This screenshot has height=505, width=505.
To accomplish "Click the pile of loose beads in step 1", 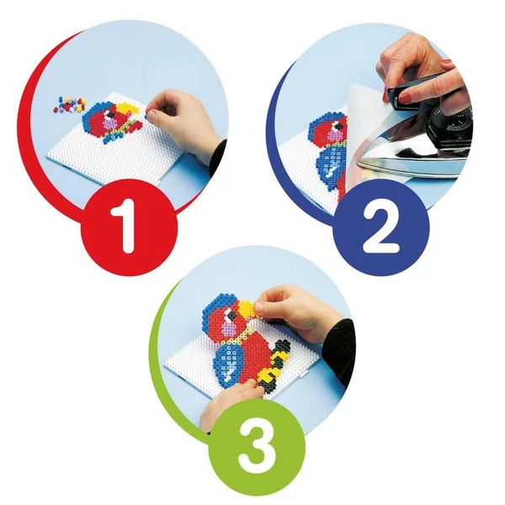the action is click(x=69, y=104).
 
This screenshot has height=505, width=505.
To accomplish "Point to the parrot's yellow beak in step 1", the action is click(x=128, y=109).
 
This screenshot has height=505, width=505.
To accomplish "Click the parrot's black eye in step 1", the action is click(x=111, y=114).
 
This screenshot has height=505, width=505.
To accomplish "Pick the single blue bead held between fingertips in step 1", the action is click(x=146, y=115).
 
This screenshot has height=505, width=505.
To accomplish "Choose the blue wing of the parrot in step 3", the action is click(x=228, y=362).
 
